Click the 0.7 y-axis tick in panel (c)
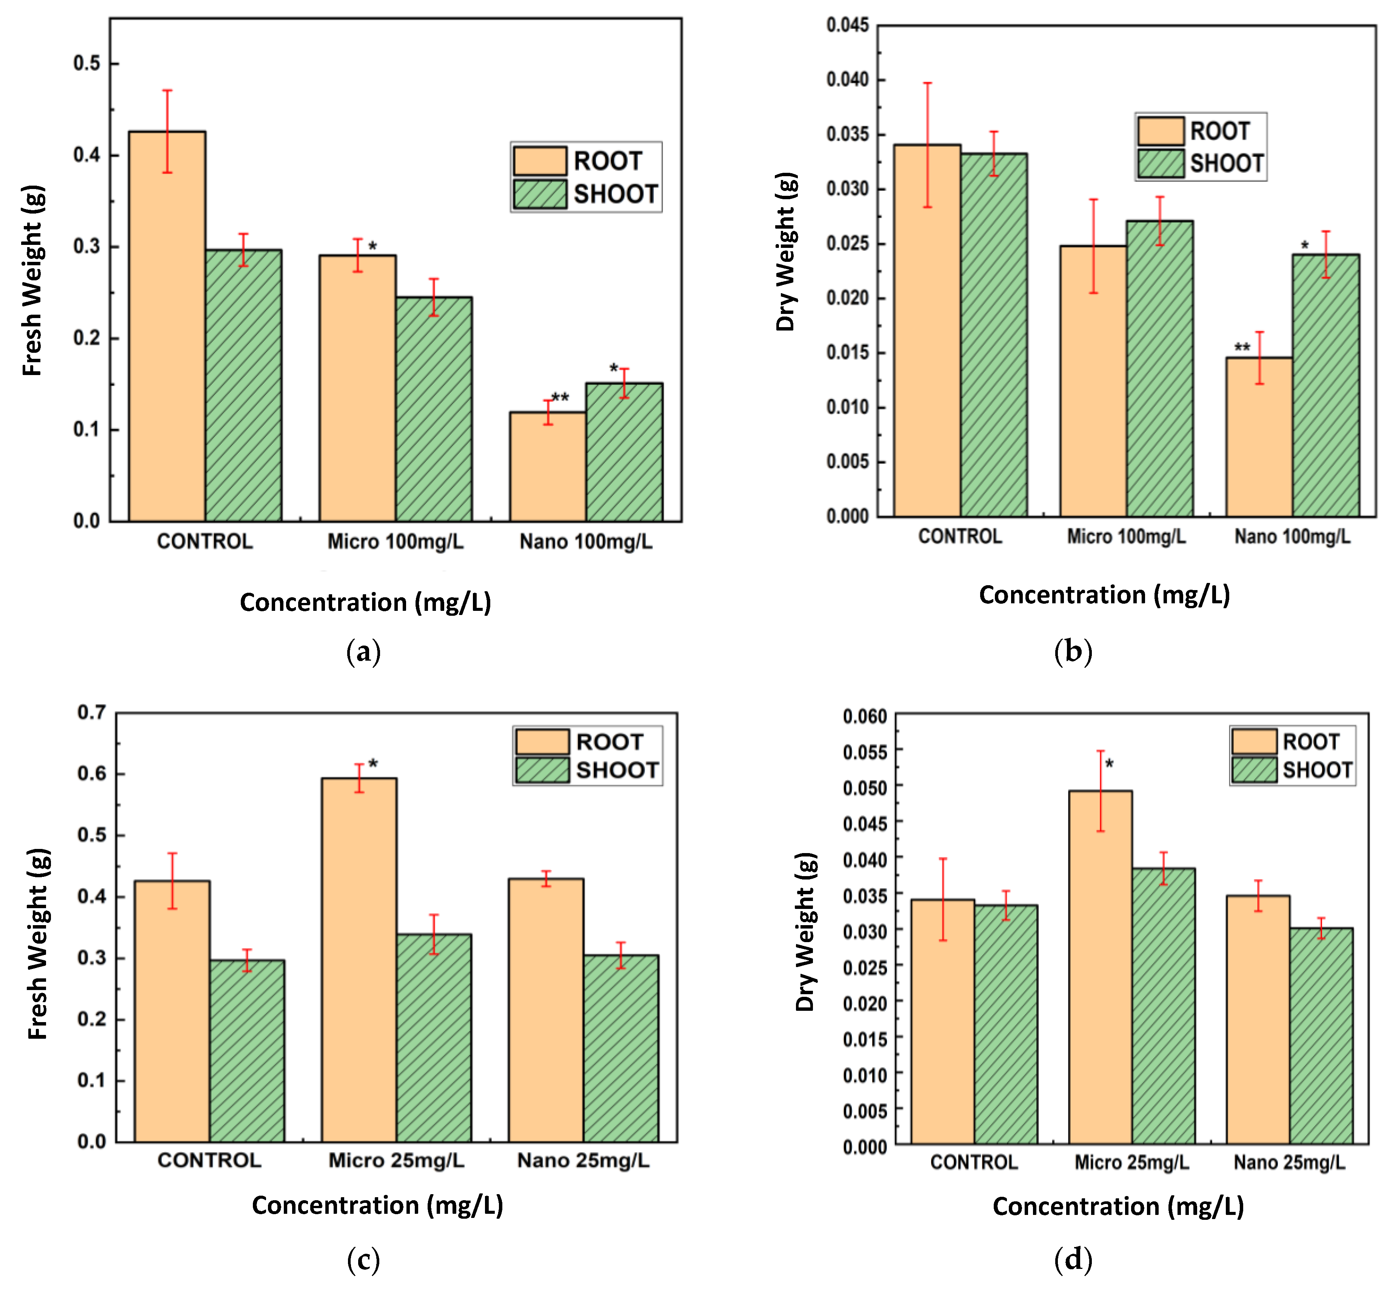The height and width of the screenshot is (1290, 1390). tap(91, 713)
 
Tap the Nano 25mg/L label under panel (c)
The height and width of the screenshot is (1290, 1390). tap(583, 1160)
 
